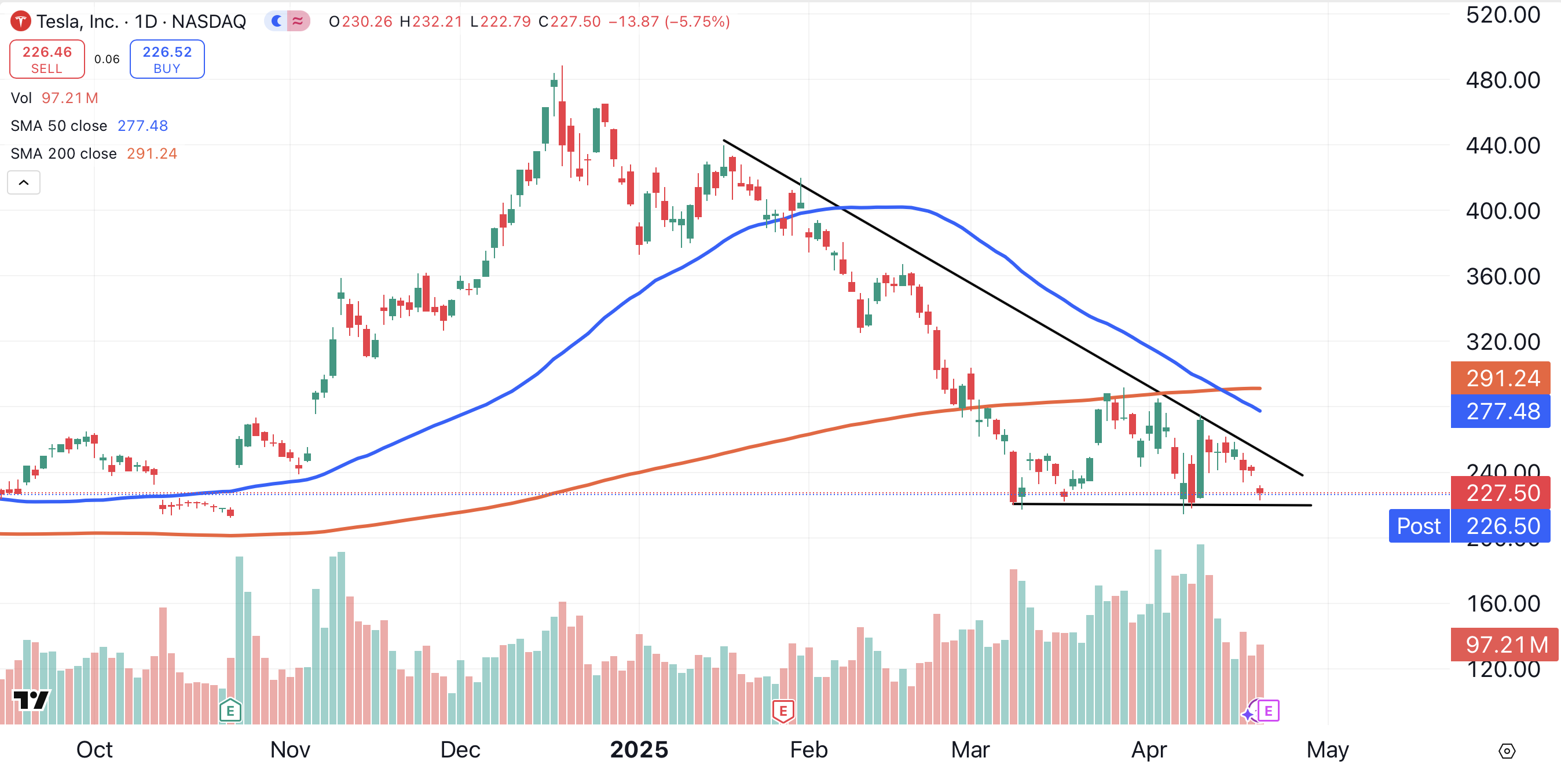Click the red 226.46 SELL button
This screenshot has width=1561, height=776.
coord(47,60)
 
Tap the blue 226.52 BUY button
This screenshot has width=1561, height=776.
coord(167,60)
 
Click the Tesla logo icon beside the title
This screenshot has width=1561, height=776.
coord(21,22)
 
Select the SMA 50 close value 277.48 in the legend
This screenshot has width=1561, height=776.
coord(142,126)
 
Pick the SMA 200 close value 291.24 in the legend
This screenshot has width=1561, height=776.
coord(152,153)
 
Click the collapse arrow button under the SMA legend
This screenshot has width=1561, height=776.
coord(24,182)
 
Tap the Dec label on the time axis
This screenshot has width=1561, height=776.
coord(460,750)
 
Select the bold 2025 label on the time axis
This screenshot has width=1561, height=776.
coord(639,750)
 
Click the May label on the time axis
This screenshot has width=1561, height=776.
coord(1327,750)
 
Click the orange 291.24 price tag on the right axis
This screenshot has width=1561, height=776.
coord(1501,378)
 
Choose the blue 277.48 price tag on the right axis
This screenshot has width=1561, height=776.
coord(1501,412)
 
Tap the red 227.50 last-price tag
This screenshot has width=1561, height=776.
coord(1501,493)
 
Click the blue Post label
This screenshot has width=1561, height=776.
coord(1419,526)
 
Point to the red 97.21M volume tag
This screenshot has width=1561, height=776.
coord(1505,645)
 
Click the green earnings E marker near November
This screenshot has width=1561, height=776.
coord(230,711)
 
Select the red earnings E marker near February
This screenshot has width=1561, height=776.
coord(783,711)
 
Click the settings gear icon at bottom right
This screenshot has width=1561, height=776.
coord(1507,751)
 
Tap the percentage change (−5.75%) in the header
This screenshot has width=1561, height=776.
coord(697,22)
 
